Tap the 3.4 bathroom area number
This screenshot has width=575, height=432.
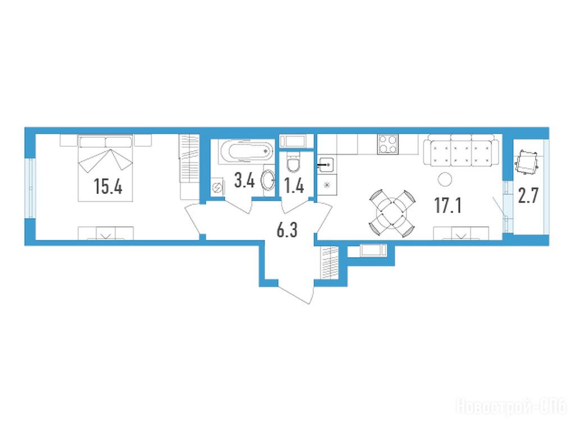point(245,181)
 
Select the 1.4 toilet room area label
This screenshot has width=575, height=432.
point(294,186)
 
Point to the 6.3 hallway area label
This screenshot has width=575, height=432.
point(287,230)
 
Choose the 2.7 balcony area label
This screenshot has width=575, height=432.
point(528,195)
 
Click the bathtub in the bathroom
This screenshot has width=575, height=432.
point(247,151)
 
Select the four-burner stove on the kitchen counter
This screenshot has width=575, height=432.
point(388,144)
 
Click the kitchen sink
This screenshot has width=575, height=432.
point(326,165)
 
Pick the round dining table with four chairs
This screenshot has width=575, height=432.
point(393,213)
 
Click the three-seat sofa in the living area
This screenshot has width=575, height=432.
point(462,150)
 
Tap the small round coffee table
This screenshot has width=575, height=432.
point(445,179)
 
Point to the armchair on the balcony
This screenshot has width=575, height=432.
point(527,163)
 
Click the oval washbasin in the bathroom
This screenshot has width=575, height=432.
point(268,181)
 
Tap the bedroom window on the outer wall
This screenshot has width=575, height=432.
point(30,188)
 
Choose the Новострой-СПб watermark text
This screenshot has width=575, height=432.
point(511,407)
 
